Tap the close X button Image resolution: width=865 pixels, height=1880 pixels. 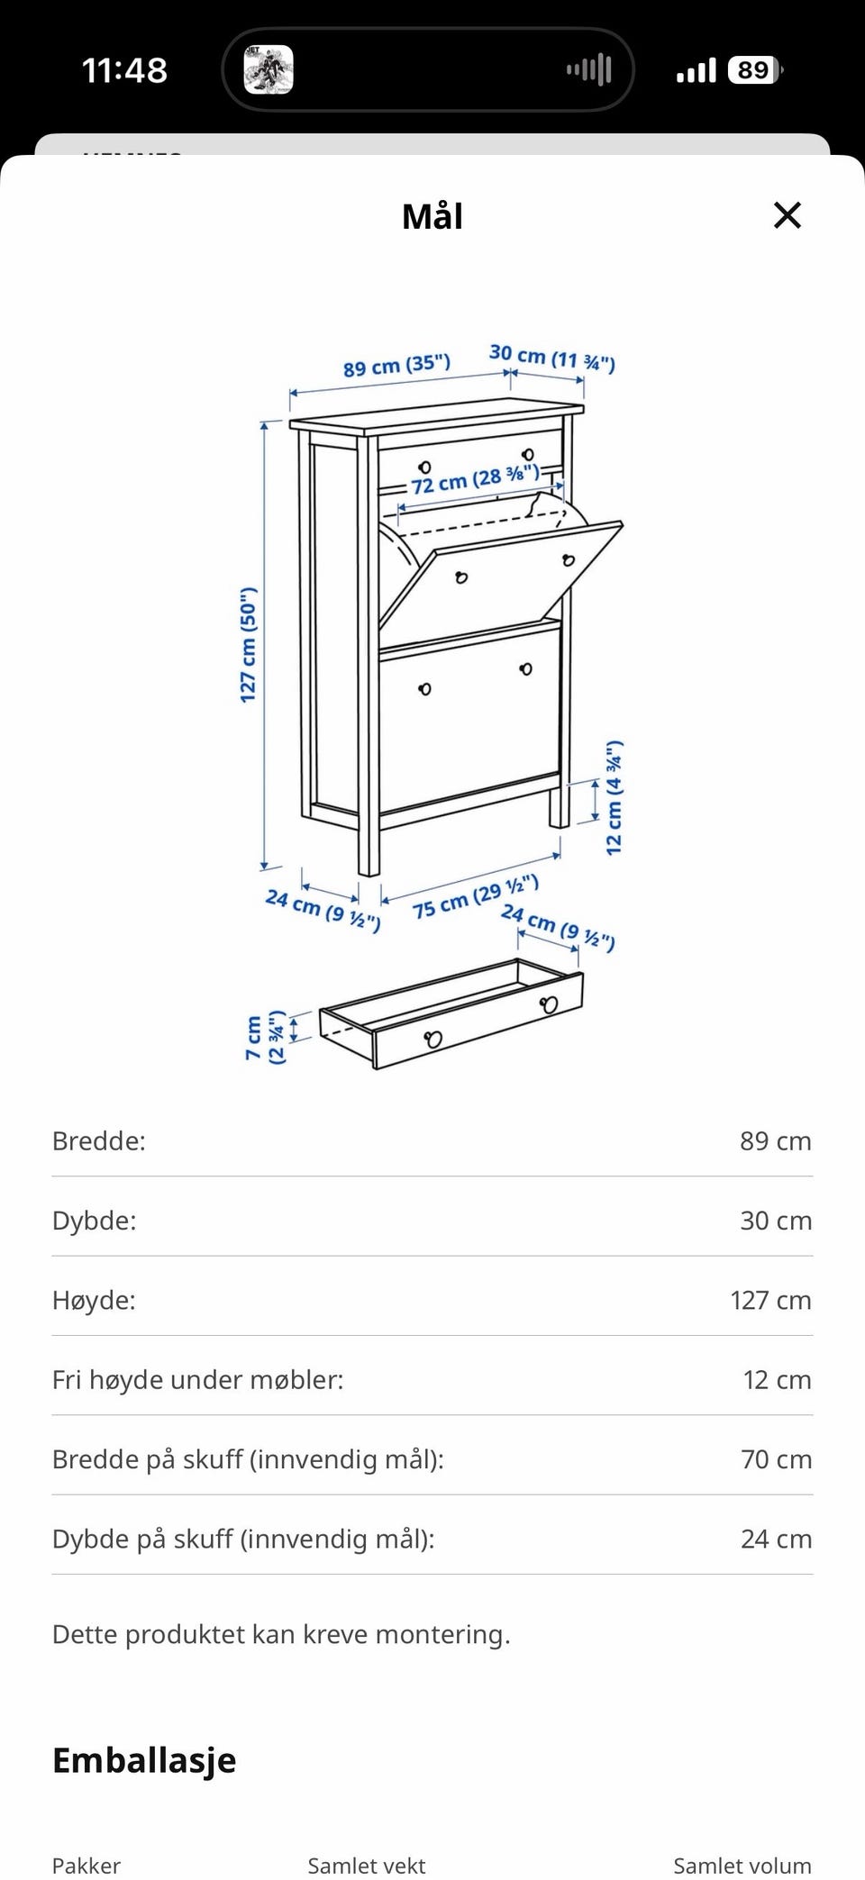[788, 215]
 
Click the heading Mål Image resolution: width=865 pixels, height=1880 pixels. [432, 216]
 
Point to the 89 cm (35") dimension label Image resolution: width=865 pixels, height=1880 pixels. [396, 365]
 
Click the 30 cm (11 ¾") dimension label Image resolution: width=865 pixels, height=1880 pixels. [552, 358]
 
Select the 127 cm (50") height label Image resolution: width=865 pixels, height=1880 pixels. [249, 645]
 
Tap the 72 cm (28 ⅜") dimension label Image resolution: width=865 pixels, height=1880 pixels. [475, 478]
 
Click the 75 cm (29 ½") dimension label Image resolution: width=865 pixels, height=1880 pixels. [476, 896]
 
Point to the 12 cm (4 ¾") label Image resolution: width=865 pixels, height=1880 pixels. [614, 798]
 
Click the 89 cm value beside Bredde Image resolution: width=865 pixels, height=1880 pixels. [776, 1141]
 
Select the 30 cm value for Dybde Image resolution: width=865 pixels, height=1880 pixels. [776, 1221]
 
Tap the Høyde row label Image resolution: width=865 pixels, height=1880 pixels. [94, 1301]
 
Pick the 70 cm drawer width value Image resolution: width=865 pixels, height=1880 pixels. [776, 1459]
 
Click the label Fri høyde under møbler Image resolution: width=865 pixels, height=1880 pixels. [197, 1380]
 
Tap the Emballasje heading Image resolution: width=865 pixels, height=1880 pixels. [144, 1760]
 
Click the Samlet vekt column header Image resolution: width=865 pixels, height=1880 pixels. [367, 1865]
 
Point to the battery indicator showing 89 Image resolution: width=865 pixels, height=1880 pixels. [755, 70]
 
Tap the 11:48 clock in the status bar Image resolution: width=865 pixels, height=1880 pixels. [124, 70]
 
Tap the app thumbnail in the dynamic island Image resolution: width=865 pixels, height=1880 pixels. [269, 69]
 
